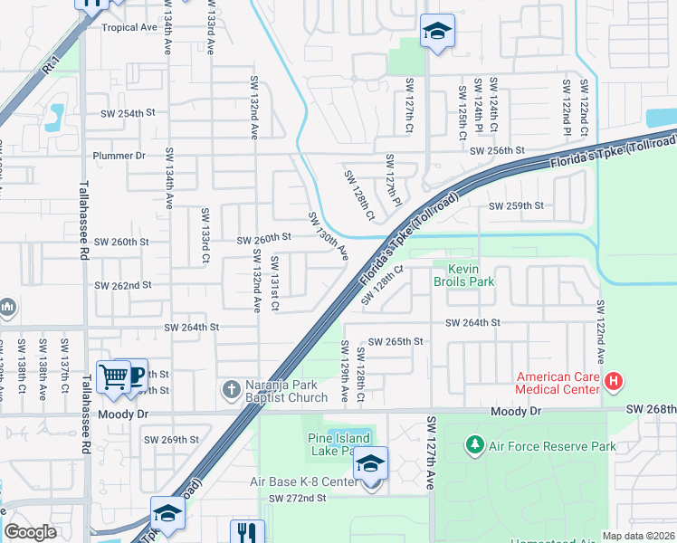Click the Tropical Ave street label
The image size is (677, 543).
129,27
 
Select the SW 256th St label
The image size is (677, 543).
502,150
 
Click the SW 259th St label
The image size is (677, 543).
515,206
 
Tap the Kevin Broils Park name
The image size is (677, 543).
463,275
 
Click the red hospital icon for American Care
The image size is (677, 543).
614,382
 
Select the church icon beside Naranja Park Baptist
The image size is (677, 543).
232,390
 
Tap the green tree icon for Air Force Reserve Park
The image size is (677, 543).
473,445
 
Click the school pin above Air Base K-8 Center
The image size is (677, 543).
370,465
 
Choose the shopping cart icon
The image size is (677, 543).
113,376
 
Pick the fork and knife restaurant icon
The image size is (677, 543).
246,532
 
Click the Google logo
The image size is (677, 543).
30,532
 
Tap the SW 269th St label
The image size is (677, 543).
171,440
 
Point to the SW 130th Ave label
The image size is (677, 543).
328,236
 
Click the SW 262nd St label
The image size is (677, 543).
123,285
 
